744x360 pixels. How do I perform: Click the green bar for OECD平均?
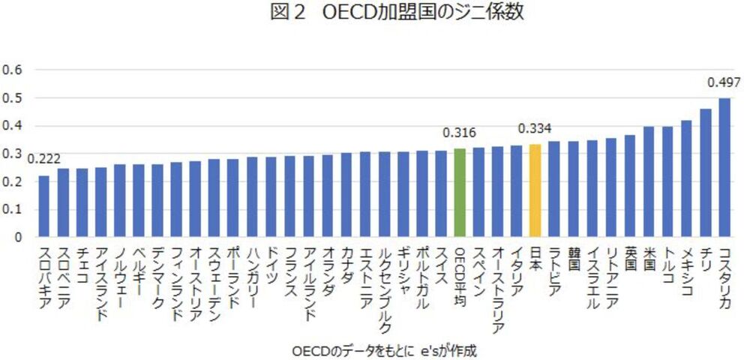click(460, 193)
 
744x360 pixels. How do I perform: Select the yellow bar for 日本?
click(535, 190)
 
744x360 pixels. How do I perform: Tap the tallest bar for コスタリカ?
click(724, 167)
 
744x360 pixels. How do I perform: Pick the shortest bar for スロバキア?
click(43, 206)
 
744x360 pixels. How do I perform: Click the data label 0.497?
click(723, 82)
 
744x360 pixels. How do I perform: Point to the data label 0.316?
click(458, 133)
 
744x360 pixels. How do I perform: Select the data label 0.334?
click(534, 127)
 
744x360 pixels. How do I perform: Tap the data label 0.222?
click(43, 159)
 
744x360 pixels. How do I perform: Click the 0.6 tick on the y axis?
click(14, 70)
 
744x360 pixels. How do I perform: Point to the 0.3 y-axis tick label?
click(14, 154)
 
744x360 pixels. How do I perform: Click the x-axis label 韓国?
click(574, 258)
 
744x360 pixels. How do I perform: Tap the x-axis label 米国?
click(649, 258)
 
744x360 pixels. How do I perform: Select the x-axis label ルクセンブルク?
click(385, 289)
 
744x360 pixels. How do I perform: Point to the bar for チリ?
click(706, 173)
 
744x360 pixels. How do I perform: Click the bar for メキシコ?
click(686, 178)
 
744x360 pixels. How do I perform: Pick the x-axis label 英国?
click(630, 258)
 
